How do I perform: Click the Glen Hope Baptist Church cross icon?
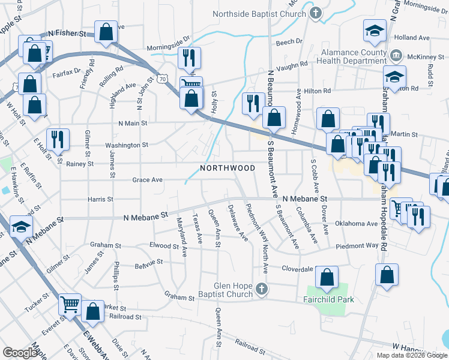(261, 290)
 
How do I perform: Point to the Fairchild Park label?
(328, 299)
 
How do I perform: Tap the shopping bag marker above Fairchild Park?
(327, 278)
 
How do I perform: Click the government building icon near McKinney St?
(396, 56)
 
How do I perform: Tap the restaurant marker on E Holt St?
(58, 140)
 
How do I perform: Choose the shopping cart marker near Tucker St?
(70, 305)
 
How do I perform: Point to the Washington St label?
(127, 145)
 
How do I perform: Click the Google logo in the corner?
(20, 353)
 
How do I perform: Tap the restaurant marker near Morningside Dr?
(189, 58)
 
